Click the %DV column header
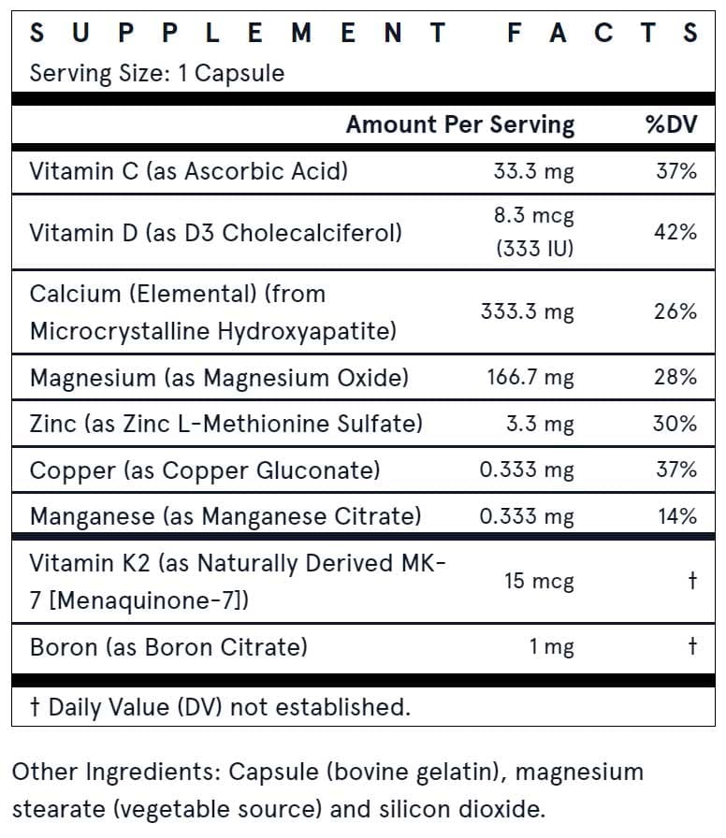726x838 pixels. tap(672, 124)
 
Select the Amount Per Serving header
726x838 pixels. tap(460, 125)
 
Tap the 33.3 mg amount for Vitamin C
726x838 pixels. tap(533, 171)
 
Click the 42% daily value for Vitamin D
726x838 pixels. tap(675, 233)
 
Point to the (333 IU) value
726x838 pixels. tap(534, 249)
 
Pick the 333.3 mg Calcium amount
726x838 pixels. tap(527, 311)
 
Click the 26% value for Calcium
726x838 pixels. tap(675, 311)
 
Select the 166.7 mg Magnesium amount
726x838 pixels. tap(530, 378)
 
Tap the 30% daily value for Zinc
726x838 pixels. tap(675, 424)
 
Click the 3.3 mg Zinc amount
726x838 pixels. tap(540, 424)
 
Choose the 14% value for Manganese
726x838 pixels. tap(677, 516)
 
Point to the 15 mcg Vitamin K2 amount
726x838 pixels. tap(539, 581)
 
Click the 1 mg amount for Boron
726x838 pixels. tap(551, 647)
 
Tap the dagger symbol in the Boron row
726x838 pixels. tap(692, 645)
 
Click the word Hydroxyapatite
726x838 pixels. tap(307, 331)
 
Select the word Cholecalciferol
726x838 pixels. tap(312, 233)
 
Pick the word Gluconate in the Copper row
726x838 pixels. tap(318, 470)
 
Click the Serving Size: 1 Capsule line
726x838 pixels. tap(156, 73)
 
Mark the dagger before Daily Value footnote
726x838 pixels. tap(35, 707)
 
